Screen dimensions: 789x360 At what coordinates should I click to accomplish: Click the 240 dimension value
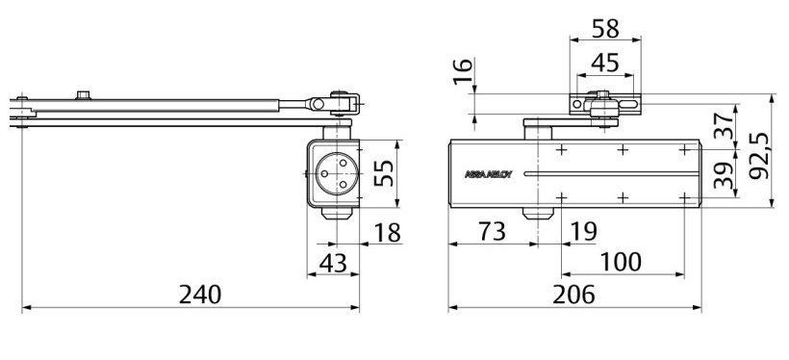[x=200, y=295]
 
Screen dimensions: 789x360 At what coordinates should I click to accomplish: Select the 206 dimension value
[x=573, y=295]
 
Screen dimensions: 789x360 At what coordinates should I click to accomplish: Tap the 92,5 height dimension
[x=759, y=156]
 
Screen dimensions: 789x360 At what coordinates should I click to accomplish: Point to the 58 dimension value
[x=605, y=29]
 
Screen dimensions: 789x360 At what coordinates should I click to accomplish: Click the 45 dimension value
[x=605, y=64]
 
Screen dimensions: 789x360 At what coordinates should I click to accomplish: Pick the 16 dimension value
[x=464, y=71]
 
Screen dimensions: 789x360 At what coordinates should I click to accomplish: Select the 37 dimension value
[x=725, y=126]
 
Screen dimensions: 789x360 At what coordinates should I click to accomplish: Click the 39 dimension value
[x=725, y=175]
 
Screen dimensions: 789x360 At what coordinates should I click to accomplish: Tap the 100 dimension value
[x=621, y=262]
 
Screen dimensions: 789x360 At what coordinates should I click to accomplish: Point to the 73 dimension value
[x=492, y=232]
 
